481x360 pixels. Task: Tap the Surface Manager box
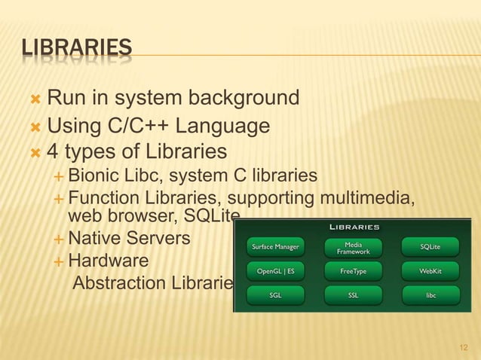(x=275, y=246)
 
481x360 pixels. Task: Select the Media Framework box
(x=354, y=246)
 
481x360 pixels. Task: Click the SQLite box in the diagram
(x=430, y=246)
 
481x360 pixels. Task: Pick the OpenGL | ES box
(x=275, y=270)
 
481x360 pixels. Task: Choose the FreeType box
(x=354, y=270)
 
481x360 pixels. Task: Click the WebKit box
(x=430, y=270)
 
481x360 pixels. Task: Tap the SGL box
(x=275, y=295)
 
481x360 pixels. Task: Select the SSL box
(x=354, y=295)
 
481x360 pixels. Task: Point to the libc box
(x=430, y=295)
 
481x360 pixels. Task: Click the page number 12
(x=464, y=347)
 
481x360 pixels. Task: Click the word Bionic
(x=92, y=176)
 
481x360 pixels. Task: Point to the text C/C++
(x=141, y=125)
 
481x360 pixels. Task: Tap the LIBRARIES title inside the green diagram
(x=354, y=227)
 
